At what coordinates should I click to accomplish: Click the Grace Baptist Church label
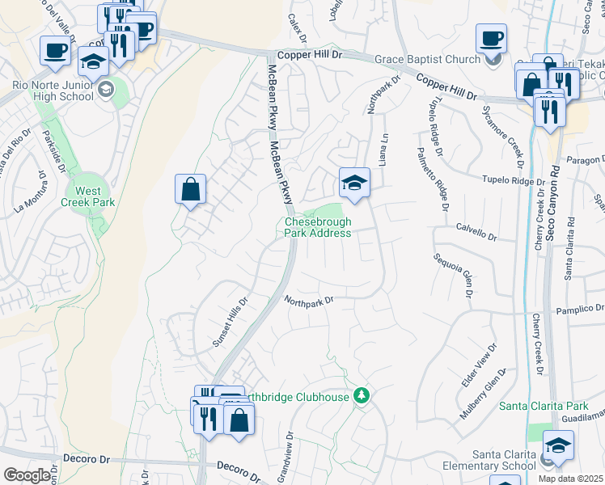point(428,58)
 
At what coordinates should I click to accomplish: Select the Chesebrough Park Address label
point(318,227)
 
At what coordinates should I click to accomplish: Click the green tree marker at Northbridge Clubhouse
point(363,395)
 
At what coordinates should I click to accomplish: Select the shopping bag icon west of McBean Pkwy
point(190,190)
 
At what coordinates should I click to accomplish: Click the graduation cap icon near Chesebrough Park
point(354,183)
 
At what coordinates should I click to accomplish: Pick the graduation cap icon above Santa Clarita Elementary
point(558,445)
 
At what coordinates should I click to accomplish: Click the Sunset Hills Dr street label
point(230,320)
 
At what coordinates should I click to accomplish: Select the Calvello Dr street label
point(476,232)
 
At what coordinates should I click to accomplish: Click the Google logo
point(27,475)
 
